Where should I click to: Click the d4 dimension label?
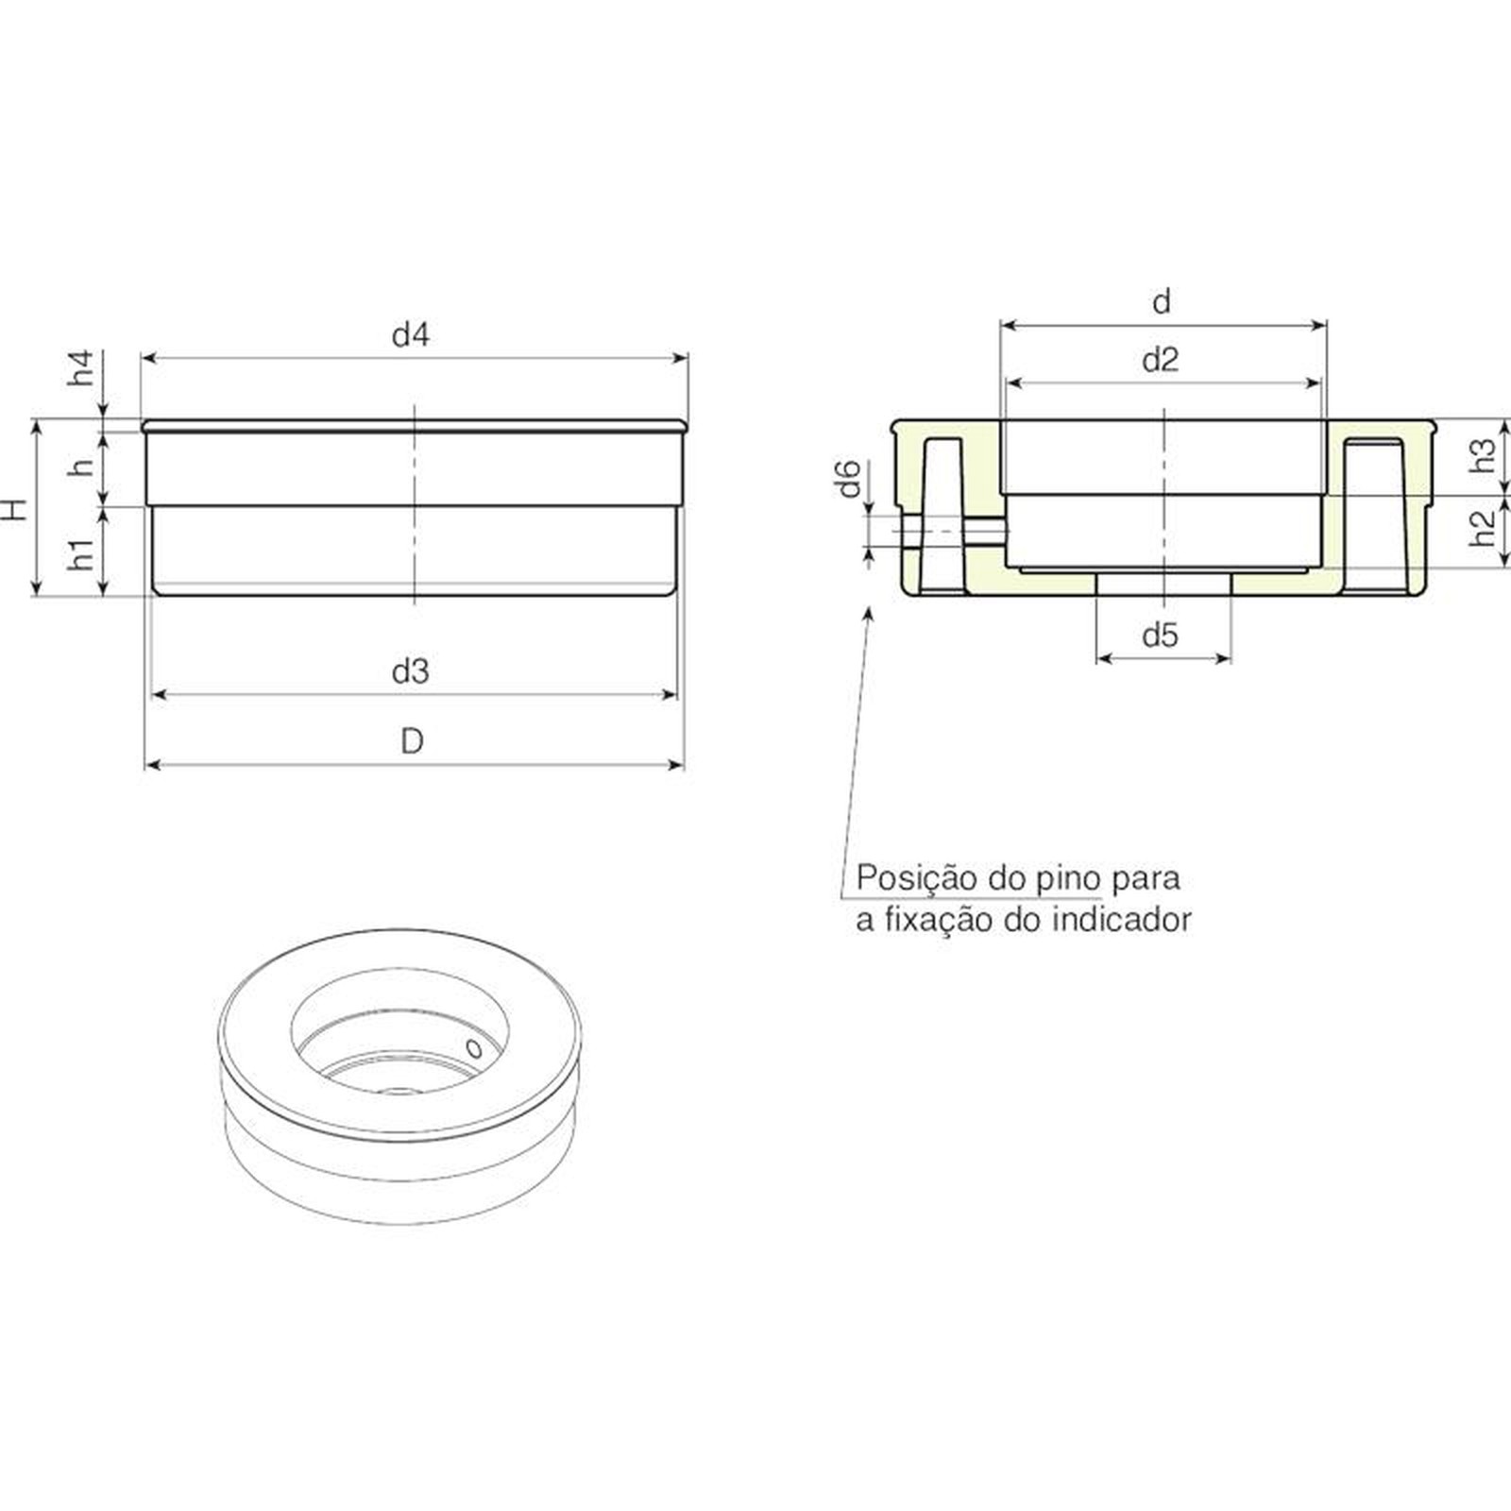411,334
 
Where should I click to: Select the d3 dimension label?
411,671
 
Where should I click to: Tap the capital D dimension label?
412,741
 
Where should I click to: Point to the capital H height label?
15,510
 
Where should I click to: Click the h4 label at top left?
83,367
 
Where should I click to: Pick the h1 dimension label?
83,553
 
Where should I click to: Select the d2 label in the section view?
1161,360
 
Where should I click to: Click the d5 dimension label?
1161,636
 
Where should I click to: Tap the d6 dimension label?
849,479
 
